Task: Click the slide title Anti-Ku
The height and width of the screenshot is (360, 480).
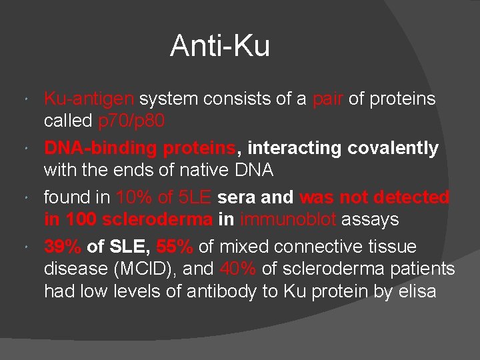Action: (220, 46)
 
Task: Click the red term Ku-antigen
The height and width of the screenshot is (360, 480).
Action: (89, 99)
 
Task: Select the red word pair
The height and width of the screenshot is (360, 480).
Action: (327, 99)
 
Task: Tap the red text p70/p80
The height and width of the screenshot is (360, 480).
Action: (132, 121)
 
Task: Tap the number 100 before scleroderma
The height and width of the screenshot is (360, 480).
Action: (80, 219)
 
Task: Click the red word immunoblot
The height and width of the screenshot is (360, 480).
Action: (289, 219)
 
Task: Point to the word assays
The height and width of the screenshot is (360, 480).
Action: (370, 219)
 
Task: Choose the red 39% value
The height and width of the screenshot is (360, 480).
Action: (63, 247)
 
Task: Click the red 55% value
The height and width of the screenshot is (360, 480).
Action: (175, 247)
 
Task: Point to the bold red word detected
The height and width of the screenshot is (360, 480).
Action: (411, 197)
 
